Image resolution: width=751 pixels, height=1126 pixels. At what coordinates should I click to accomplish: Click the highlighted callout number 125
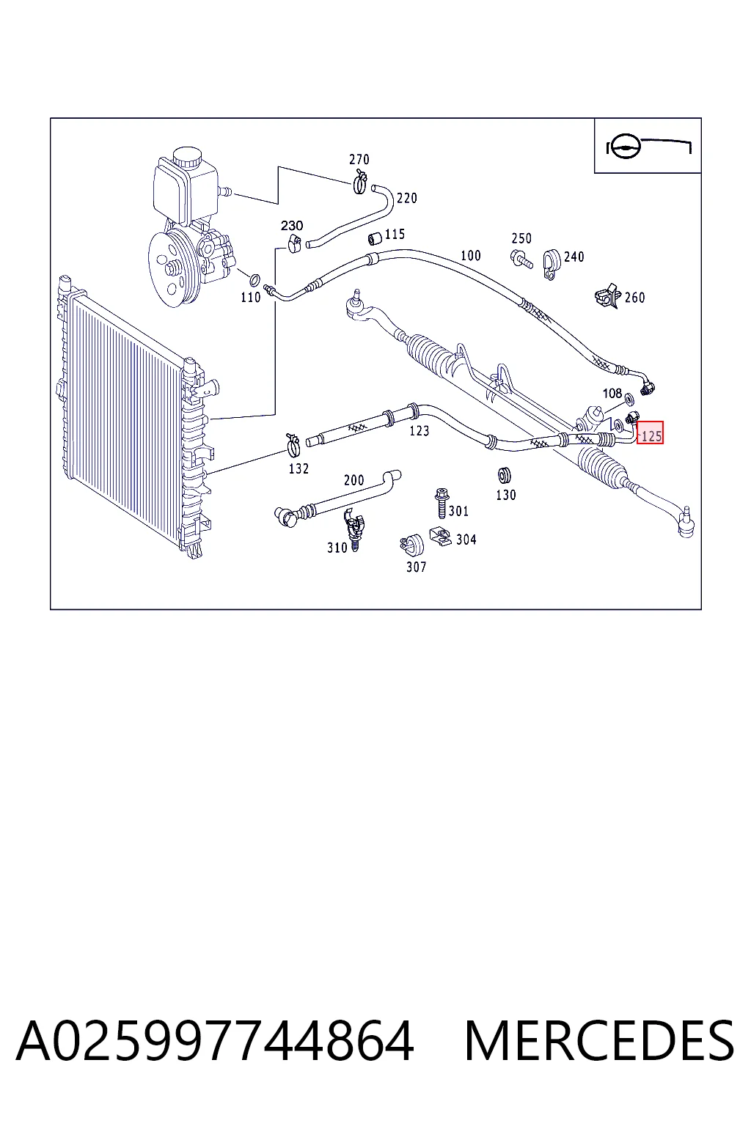tap(651, 436)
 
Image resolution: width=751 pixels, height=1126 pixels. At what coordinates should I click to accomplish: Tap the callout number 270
tap(359, 159)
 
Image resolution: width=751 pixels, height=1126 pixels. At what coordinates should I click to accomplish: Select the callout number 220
tap(407, 198)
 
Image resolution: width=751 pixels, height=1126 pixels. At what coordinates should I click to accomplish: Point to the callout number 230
tap(292, 226)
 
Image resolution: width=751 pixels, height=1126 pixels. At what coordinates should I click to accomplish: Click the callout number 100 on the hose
tap(471, 255)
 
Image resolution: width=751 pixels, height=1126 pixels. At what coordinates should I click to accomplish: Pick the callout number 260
tap(635, 298)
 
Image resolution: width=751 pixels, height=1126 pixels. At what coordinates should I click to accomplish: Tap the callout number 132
tap(298, 468)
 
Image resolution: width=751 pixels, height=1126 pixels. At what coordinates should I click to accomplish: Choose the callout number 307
tap(417, 567)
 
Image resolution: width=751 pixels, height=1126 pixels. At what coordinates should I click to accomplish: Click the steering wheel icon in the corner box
tap(623, 147)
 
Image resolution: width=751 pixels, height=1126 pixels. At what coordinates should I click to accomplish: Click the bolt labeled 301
tap(442, 503)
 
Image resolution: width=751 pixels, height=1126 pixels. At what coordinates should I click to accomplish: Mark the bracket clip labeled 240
tap(552, 264)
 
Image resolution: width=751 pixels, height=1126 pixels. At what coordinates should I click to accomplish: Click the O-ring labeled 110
tap(255, 279)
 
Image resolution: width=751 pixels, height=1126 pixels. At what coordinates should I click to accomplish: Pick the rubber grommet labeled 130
tap(504, 475)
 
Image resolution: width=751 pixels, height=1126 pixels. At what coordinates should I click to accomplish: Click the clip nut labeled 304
tap(441, 537)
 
